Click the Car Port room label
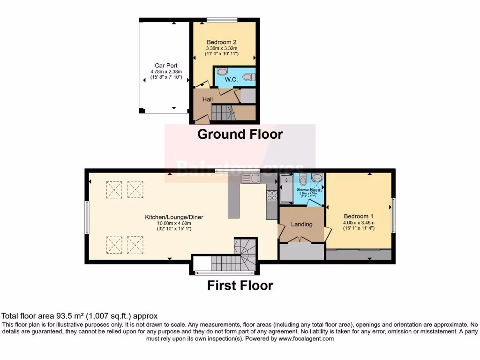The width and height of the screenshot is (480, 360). click(166, 66)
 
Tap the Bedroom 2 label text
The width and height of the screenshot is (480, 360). click(221, 42)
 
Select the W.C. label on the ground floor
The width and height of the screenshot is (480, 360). click(231, 80)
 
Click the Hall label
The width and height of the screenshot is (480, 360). click(208, 99)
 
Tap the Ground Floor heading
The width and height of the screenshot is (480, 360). click(240, 134)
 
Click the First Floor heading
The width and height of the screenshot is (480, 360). click(240, 285)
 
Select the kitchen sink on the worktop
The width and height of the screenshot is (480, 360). click(251, 178)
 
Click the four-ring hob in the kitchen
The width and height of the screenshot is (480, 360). click(272, 195)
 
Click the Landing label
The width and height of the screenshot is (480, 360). click(301, 224)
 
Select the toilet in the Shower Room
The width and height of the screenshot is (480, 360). click(303, 179)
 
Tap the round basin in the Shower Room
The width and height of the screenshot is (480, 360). click(317, 178)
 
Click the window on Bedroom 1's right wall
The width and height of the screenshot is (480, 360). click(393, 215)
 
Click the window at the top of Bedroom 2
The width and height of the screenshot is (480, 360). click(222, 20)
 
